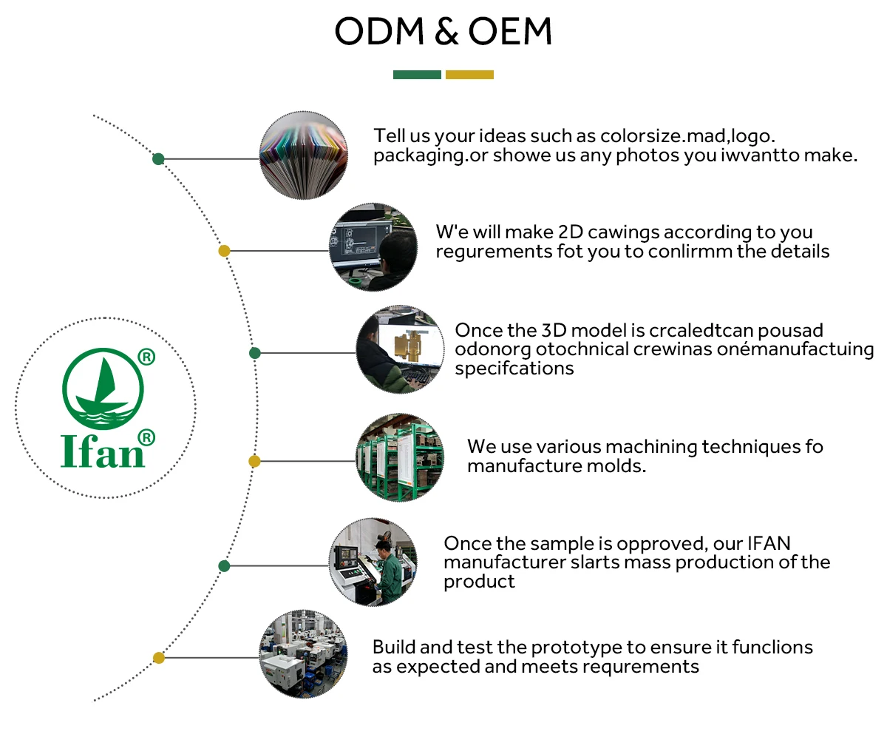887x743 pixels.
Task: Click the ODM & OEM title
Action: [443, 32]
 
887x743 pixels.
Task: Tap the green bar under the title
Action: [417, 75]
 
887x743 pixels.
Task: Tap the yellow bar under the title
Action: [469, 75]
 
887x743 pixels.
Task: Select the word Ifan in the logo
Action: [102, 450]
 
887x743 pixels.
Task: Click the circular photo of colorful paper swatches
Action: [304, 155]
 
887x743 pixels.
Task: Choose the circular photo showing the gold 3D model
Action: [401, 349]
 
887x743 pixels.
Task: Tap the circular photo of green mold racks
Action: [400, 458]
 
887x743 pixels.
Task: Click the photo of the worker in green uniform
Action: [373, 562]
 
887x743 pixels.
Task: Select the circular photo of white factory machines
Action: [304, 654]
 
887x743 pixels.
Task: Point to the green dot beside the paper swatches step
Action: [158, 159]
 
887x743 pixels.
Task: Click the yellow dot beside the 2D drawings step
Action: [225, 251]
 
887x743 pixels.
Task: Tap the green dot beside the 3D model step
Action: [255, 353]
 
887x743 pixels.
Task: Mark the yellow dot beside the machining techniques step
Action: [254, 461]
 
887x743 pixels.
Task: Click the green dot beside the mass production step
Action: [225, 566]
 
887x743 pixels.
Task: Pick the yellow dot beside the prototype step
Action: [158, 657]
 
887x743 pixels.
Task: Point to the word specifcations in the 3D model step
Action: [514, 369]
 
